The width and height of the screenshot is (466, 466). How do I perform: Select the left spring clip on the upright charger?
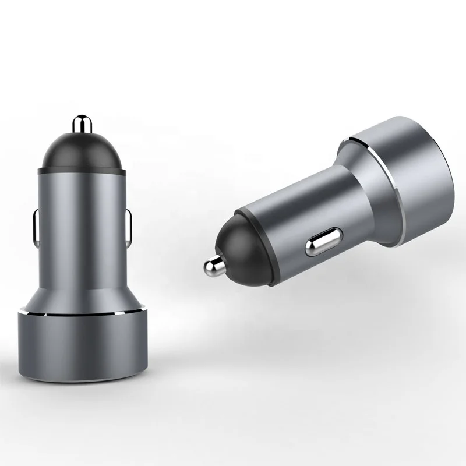(34, 227)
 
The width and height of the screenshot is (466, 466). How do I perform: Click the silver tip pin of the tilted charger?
(213, 267)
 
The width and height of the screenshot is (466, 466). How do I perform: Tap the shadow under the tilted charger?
(326, 303)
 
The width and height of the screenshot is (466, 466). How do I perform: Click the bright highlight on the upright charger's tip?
(77, 122)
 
